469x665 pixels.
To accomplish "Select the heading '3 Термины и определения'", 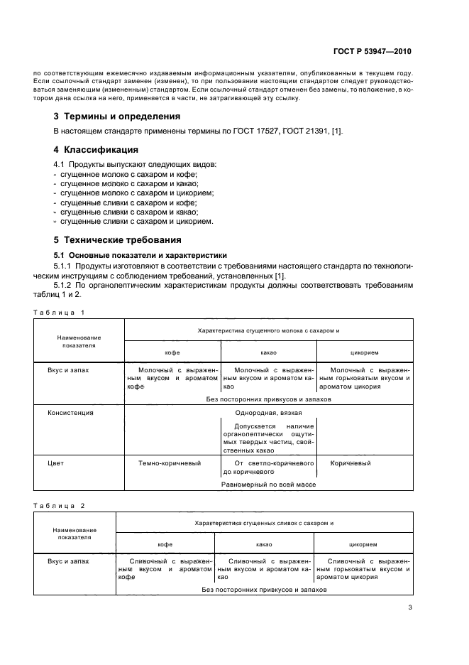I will point(117,116).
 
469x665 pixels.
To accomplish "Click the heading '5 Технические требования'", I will point(118,239).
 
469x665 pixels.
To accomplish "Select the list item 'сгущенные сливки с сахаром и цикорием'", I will point(136,221).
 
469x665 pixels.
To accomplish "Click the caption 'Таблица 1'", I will point(59,313).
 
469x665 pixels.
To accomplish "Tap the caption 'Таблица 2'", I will point(59,505).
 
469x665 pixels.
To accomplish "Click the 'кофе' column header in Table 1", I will point(172,352).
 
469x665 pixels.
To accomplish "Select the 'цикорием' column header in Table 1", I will point(364,352).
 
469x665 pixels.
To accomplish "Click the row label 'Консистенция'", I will point(70,412).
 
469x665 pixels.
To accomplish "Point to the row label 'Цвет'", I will point(55,463).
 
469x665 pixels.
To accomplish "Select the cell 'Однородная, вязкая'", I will point(268,412).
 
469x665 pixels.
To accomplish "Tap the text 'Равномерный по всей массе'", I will point(268,484).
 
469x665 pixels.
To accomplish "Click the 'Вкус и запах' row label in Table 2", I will point(68,561).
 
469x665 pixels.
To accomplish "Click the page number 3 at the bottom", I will point(410,607).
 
